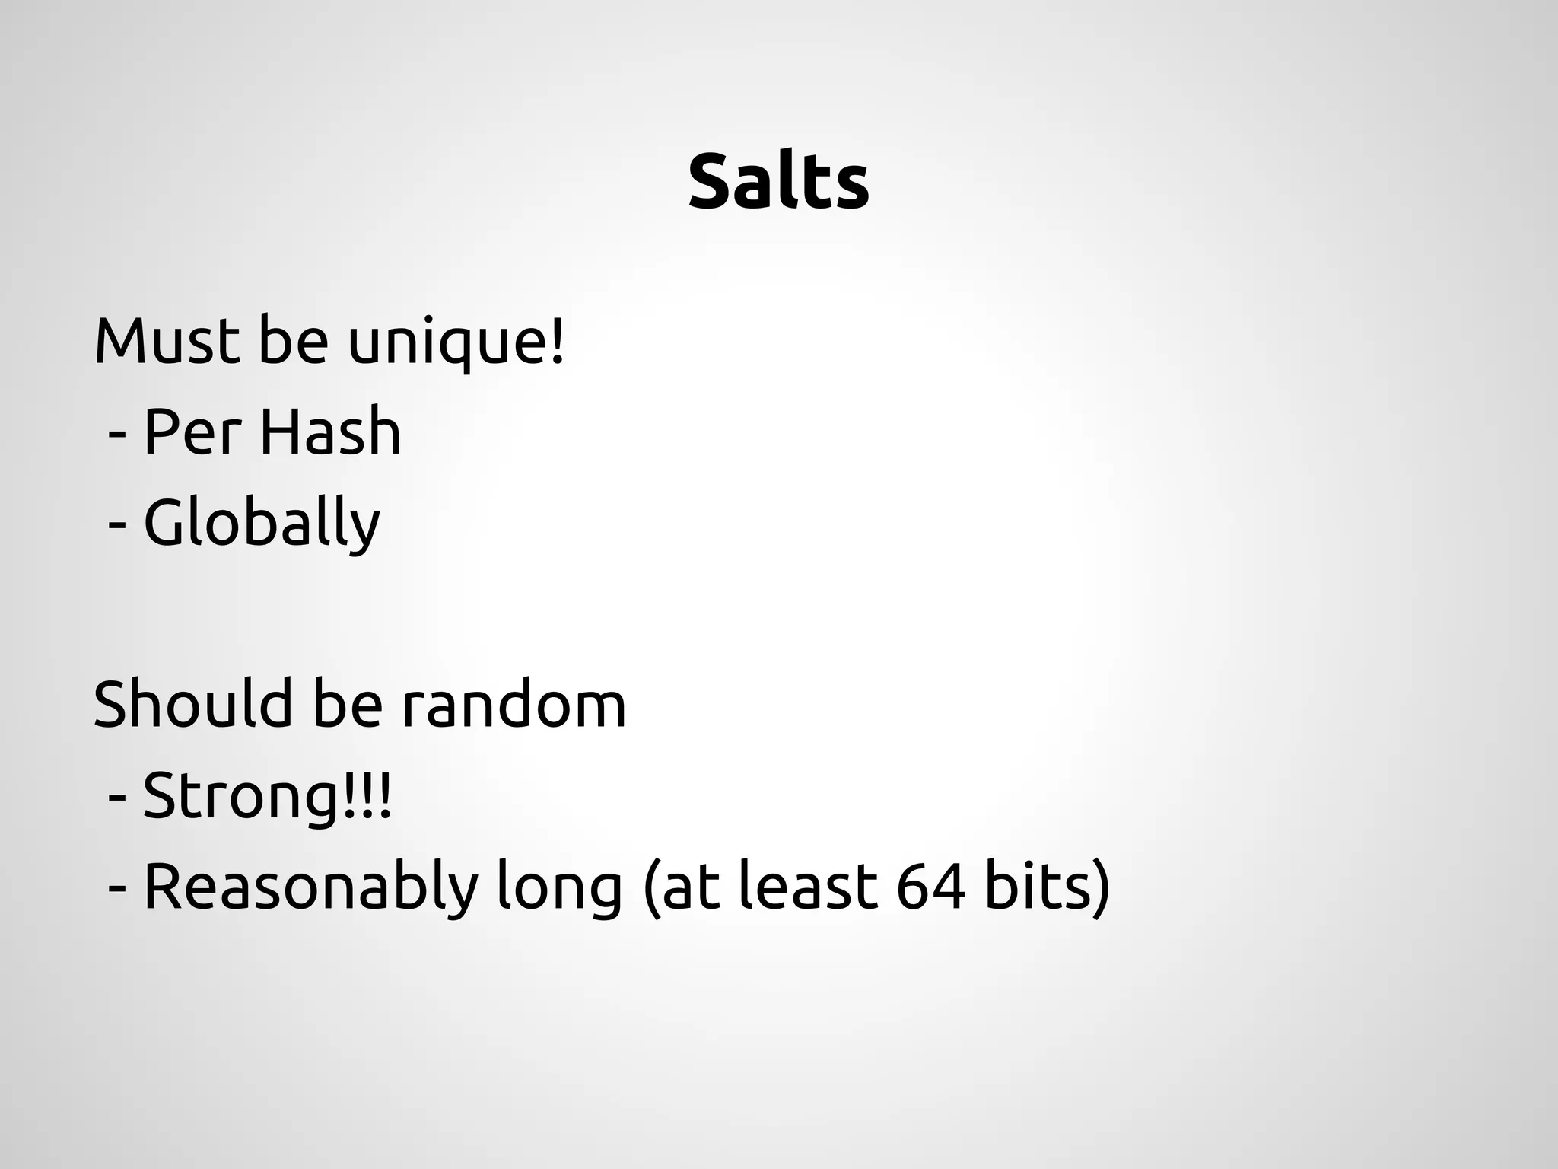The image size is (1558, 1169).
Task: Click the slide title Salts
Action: coord(778,183)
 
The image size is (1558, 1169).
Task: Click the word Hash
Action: coord(329,432)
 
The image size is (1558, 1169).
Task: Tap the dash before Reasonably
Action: coord(117,888)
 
